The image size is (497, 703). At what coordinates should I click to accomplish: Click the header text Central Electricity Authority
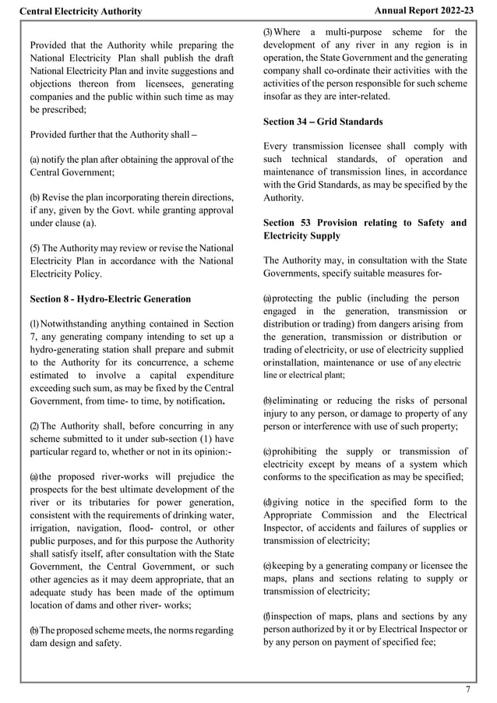[x=80, y=11]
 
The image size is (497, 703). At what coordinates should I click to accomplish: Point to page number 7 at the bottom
[x=468, y=689]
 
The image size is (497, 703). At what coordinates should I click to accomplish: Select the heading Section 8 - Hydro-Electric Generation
[x=110, y=299]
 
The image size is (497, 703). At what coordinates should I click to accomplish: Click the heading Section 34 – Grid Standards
[x=323, y=122]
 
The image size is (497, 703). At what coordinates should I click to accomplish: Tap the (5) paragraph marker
[x=35, y=248]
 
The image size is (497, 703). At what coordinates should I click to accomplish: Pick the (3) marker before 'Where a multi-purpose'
[x=268, y=32]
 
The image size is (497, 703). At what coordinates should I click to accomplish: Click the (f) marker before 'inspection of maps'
[x=267, y=616]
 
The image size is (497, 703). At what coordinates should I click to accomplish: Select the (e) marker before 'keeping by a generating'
[x=268, y=565]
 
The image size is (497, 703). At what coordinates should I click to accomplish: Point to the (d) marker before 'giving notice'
[x=268, y=502]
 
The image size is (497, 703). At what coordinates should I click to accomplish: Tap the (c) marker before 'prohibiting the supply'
[x=267, y=451]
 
